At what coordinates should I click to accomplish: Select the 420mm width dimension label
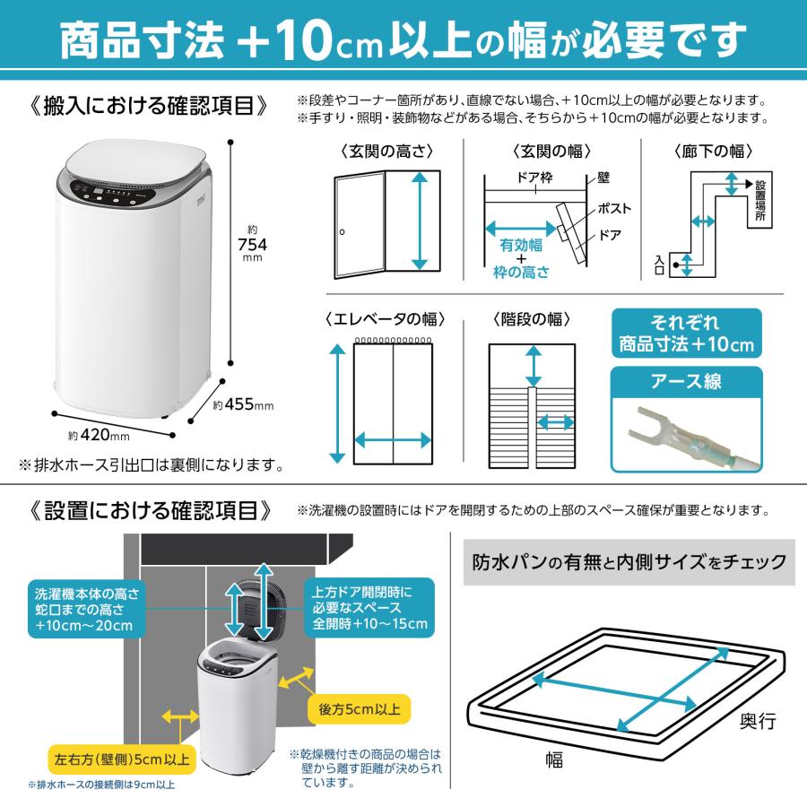(100, 436)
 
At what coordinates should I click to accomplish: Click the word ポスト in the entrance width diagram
(614, 209)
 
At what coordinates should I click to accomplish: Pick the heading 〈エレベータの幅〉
(386, 320)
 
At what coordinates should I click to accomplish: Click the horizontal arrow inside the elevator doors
(393, 439)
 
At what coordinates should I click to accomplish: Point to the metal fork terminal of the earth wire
(648, 425)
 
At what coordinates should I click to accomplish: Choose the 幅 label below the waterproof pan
(554, 760)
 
